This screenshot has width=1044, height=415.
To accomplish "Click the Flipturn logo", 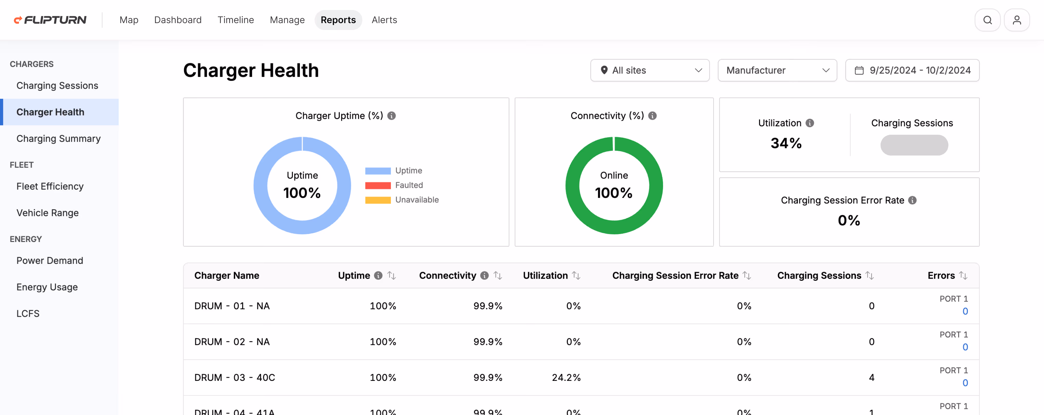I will coord(50,20).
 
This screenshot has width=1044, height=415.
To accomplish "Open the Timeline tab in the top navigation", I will coord(235,20).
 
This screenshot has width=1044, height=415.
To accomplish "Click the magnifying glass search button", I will coord(987,20).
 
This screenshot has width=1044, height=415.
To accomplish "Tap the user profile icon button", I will coord(1016,20).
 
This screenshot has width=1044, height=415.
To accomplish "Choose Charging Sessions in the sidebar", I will coord(57,85).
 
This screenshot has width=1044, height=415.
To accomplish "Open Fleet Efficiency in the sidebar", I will coord(50,186).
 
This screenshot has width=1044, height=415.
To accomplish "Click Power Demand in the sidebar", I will coord(49,260).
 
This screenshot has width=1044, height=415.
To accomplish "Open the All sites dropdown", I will coord(650,70).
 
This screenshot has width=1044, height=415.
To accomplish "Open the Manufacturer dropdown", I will coord(777,70).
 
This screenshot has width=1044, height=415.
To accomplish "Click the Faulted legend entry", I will coord(408,185).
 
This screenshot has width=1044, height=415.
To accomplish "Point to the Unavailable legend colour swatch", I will coord(378,200).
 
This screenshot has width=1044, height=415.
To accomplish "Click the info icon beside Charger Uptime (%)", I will coord(391,116).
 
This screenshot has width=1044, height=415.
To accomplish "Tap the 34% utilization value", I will coord(786,143).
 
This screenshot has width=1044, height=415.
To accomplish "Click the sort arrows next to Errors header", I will coord(963,276).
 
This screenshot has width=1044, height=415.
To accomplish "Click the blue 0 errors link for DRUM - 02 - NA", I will coord(965,347).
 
